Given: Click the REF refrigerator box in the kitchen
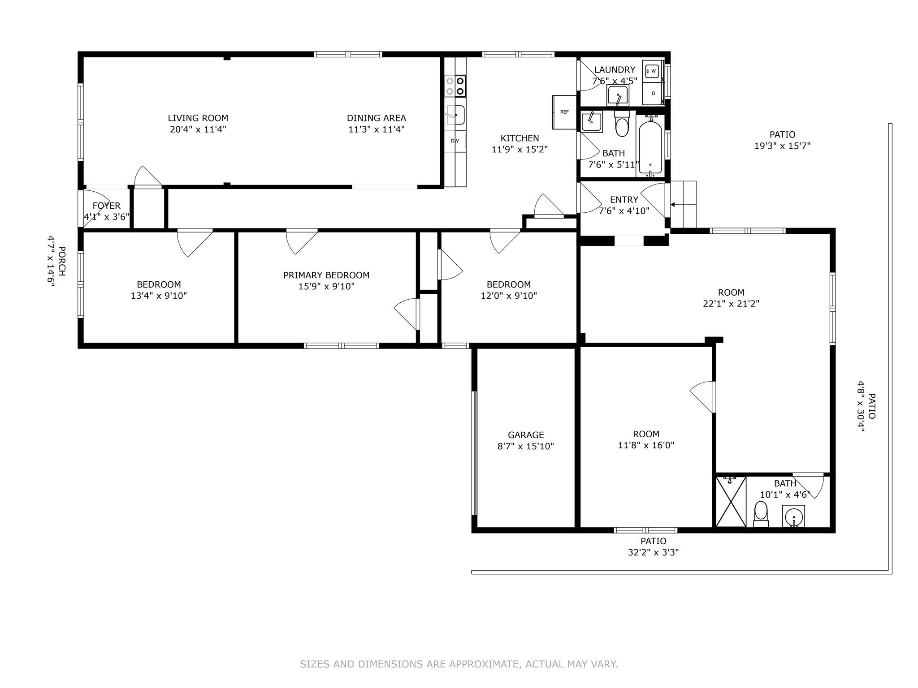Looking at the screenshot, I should pyautogui.click(x=564, y=112).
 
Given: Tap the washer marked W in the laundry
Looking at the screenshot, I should pyautogui.click(x=653, y=71).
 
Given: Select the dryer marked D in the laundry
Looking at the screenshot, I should pyautogui.click(x=653, y=93).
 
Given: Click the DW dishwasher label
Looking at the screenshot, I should pyautogui.click(x=455, y=141).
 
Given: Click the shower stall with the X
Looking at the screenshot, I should pyautogui.click(x=731, y=502).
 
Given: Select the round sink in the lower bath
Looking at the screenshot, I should pyautogui.click(x=793, y=516).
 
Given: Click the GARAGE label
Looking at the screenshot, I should pyautogui.click(x=526, y=435).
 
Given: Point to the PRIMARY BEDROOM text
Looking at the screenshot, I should pyautogui.click(x=326, y=275).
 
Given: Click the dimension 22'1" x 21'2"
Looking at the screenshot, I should pyautogui.click(x=731, y=304).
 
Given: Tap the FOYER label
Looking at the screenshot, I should pyautogui.click(x=107, y=206).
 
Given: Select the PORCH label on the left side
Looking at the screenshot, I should pyautogui.click(x=62, y=261).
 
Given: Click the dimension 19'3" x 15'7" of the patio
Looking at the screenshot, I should pyautogui.click(x=782, y=146).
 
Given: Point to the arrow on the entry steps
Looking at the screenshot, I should pyautogui.click(x=673, y=204).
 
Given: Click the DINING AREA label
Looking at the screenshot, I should pyautogui.click(x=376, y=118).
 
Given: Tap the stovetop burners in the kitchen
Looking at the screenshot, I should pyautogui.click(x=455, y=86).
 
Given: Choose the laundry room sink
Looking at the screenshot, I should pyautogui.click(x=618, y=95).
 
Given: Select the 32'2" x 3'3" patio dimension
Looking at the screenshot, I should pyautogui.click(x=653, y=552).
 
